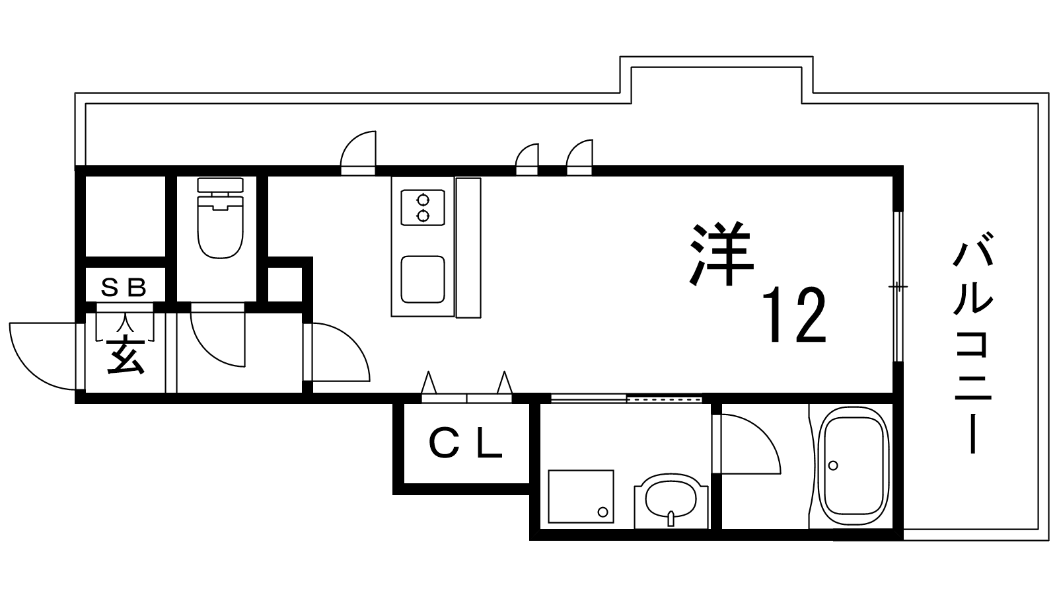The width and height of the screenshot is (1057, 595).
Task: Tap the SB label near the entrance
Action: (124, 287)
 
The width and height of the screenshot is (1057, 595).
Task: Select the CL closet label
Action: (465, 444)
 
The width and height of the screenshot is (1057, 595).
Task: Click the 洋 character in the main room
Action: (721, 254)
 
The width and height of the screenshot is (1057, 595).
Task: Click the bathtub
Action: (854, 467)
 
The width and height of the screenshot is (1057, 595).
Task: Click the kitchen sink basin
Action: (423, 280)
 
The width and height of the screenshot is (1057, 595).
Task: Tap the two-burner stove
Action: (423, 208)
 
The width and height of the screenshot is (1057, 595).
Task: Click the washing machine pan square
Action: (581, 496)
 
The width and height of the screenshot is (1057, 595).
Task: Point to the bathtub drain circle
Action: (833, 465)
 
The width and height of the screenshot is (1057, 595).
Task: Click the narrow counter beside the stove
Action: (468, 247)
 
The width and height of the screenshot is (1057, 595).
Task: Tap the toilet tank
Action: (221, 184)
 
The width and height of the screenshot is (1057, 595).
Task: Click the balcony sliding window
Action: (898, 287)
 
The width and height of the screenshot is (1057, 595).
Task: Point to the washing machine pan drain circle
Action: (602, 512)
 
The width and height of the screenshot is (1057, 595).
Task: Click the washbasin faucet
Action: (671, 518)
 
